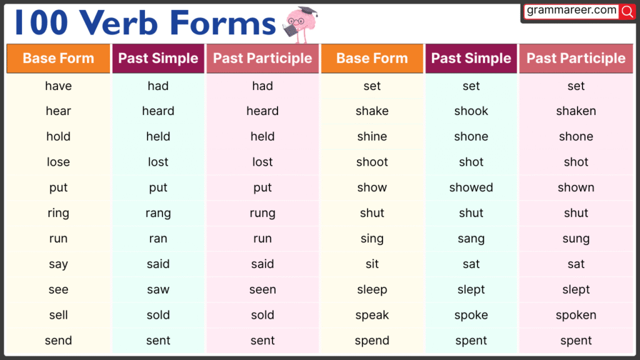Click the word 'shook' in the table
tap(471, 111)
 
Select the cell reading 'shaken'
tap(576, 111)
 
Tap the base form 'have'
tap(58, 86)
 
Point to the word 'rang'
tap(158, 213)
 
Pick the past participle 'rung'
tap(262, 213)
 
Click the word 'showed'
tap(471, 187)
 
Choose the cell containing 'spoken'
tap(576, 315)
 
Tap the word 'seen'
tap(262, 289)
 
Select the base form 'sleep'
tap(372, 289)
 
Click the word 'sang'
tap(471, 239)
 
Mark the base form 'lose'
tap(58, 162)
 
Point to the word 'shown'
tap(576, 187)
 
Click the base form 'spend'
tap(372, 341)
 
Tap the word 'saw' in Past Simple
tap(158, 289)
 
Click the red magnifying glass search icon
tap(627, 11)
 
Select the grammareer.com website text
tap(571, 11)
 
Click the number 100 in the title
tap(41, 24)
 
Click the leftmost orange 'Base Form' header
tap(58, 58)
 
